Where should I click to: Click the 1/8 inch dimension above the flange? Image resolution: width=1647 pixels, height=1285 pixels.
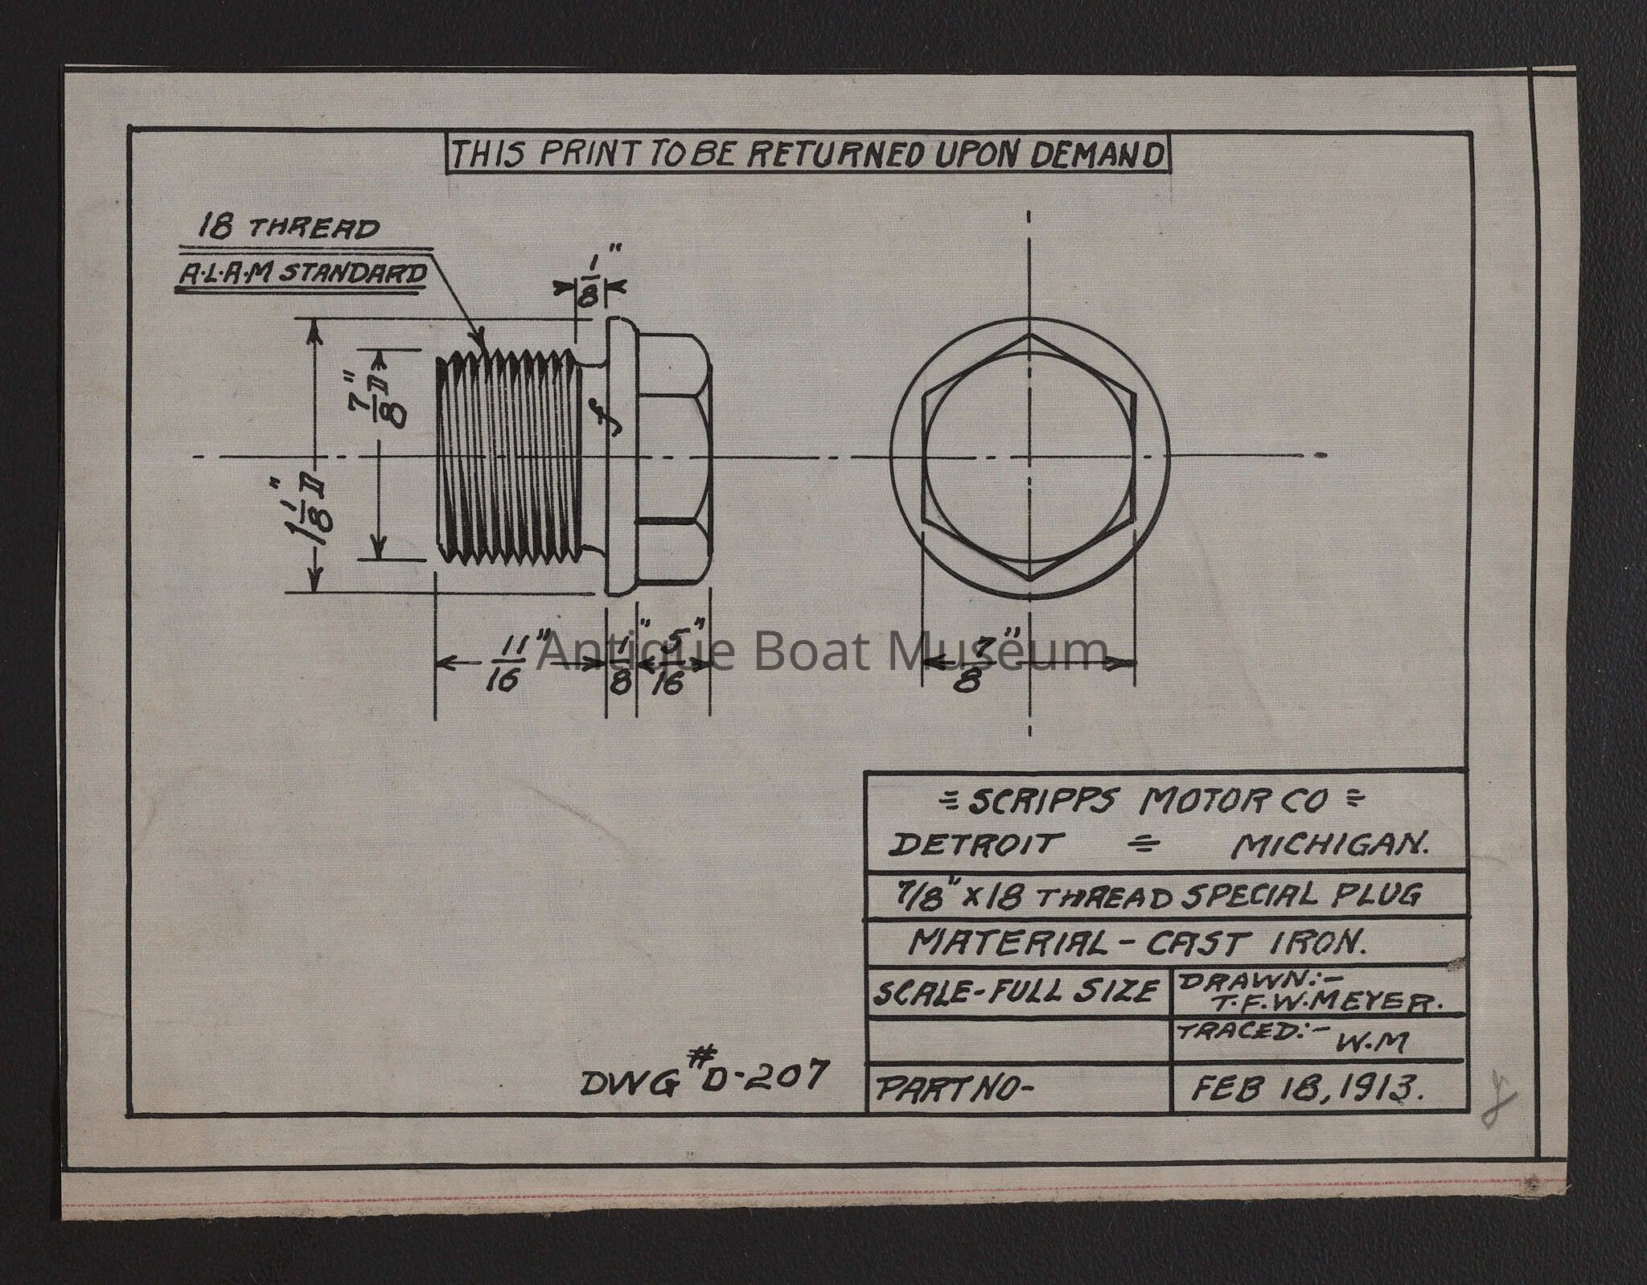[x=590, y=282]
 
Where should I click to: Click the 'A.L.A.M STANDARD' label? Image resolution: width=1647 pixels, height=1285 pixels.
[x=302, y=275]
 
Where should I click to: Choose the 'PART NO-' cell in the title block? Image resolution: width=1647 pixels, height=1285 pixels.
[x=952, y=1090]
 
